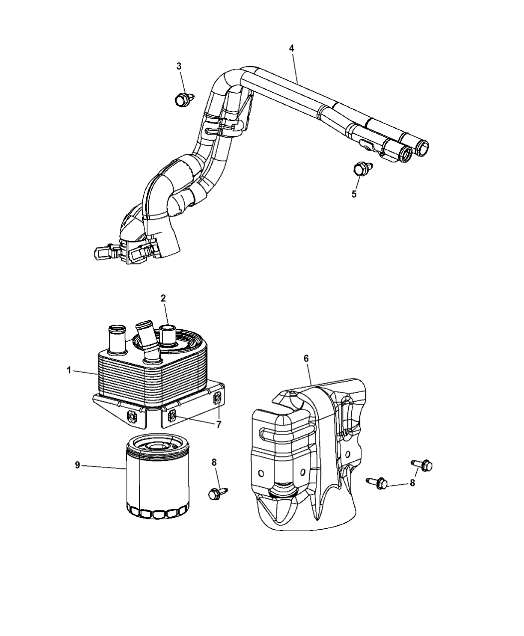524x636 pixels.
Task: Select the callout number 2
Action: pyautogui.click(x=163, y=298)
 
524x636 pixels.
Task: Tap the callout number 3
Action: pyautogui.click(x=179, y=66)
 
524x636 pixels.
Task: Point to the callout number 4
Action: pyautogui.click(x=291, y=48)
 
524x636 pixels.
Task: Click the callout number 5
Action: pyautogui.click(x=354, y=194)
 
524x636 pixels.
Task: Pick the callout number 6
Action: pyautogui.click(x=306, y=359)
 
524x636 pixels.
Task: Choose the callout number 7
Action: pyautogui.click(x=218, y=424)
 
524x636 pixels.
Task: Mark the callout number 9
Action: pyautogui.click(x=77, y=465)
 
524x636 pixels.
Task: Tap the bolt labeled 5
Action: pyautogui.click(x=359, y=169)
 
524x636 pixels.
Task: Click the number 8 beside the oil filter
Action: pyautogui.click(x=214, y=462)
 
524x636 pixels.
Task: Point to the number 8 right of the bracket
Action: pyautogui.click(x=412, y=483)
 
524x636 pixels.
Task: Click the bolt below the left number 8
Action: pyautogui.click(x=215, y=493)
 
